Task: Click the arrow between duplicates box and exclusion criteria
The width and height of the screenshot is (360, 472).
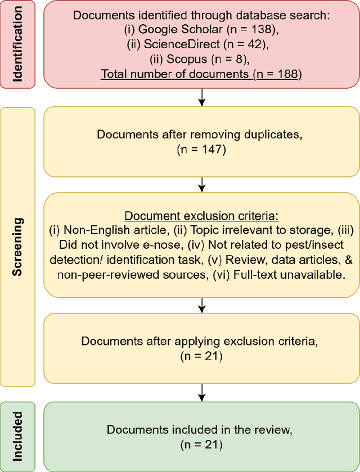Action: pyautogui.click(x=202, y=183)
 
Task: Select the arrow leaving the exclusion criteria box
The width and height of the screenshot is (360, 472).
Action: pyautogui.click(x=202, y=305)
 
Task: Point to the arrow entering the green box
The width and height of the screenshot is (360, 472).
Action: pyautogui.click(x=202, y=392)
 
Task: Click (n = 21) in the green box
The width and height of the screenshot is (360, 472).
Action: pyautogui.click(x=202, y=444)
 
